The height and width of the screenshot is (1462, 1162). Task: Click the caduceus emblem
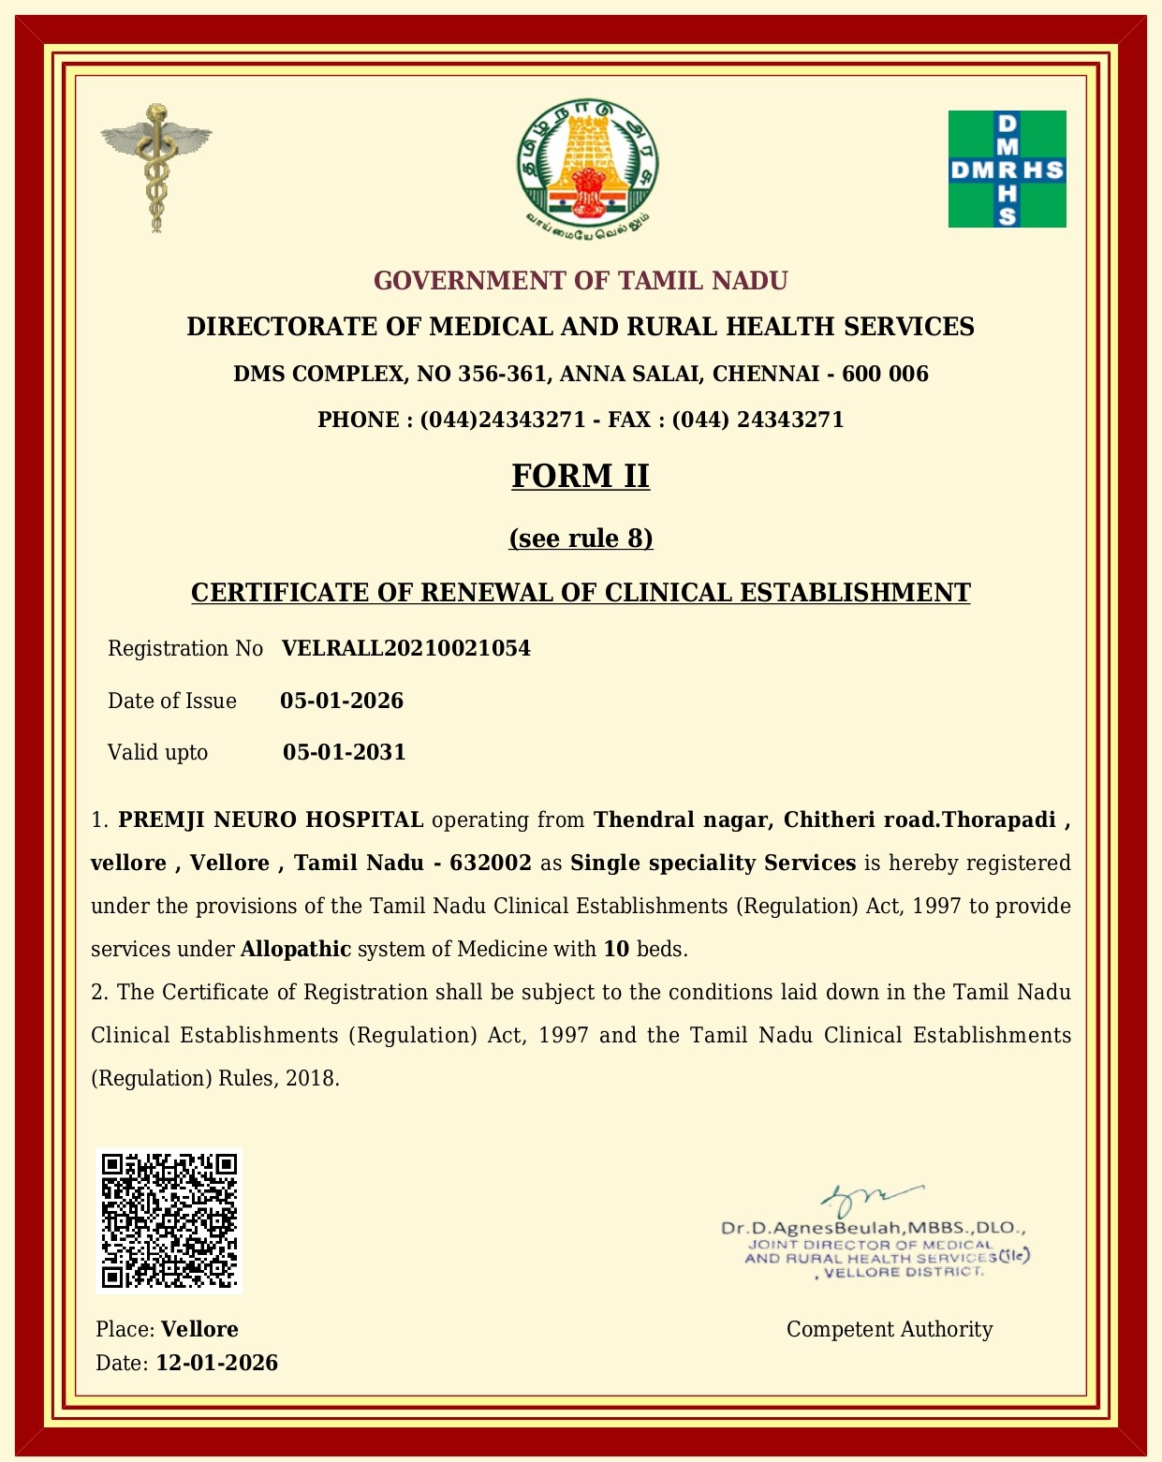(156, 168)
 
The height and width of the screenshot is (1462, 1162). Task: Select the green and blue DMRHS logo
(1007, 169)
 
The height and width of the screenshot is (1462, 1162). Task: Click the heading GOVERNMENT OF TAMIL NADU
(581, 281)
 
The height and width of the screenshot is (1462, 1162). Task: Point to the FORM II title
(581, 476)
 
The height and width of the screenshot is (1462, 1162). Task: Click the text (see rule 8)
(581, 539)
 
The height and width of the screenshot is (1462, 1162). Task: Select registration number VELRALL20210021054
(405, 648)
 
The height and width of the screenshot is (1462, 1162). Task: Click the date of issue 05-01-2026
(342, 701)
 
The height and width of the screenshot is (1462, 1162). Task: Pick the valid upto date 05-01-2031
(344, 752)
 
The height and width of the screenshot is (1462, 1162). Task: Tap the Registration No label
(185, 648)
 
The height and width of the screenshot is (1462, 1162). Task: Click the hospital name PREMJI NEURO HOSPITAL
(272, 820)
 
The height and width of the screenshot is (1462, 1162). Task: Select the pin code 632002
(491, 863)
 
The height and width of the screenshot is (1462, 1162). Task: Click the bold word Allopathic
(296, 949)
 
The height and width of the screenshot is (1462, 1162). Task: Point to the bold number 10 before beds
(616, 949)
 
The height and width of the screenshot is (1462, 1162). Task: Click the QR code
(169, 1220)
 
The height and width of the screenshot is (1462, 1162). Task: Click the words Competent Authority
(889, 1329)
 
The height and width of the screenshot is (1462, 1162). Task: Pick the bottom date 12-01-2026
(216, 1363)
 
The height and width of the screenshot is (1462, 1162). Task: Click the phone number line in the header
(581, 420)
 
